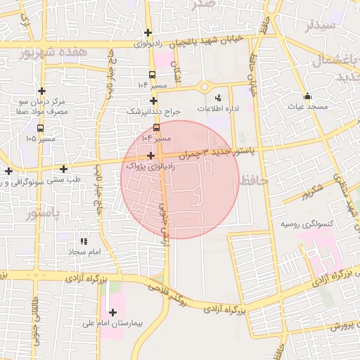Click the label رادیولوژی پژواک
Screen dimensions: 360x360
[146, 167]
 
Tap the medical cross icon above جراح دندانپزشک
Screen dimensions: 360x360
[153, 101]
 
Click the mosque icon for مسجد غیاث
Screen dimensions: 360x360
[306, 96]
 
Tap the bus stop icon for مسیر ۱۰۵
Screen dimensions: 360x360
[40, 129]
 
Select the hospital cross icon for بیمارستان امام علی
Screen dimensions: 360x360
[112, 311]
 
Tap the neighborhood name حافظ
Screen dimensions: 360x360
[254, 181]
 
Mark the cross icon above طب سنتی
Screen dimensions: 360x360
[63, 169]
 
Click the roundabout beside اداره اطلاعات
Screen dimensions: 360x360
[205, 87]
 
